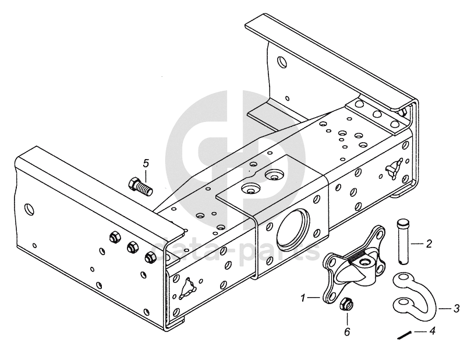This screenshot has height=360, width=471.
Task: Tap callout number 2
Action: [x=429, y=243]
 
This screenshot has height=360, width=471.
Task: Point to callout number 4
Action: [x=432, y=331]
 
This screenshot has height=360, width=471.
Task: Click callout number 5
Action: [x=146, y=163]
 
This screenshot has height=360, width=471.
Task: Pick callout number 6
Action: [x=347, y=331]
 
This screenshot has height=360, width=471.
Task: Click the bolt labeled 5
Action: [x=140, y=186]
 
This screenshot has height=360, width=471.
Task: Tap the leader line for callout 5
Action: [x=145, y=173]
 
